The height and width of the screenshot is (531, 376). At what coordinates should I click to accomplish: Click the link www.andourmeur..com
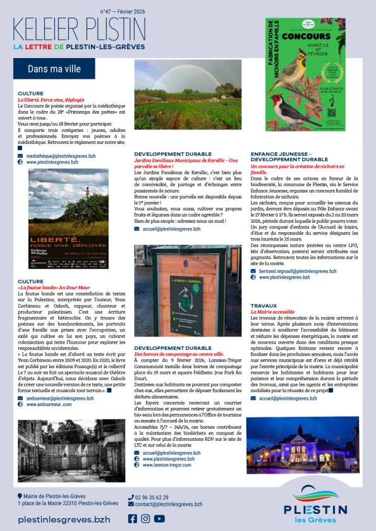point(49,404)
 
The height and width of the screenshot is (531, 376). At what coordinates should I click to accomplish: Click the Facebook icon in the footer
point(132,519)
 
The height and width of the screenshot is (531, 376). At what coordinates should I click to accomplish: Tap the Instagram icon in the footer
point(145,519)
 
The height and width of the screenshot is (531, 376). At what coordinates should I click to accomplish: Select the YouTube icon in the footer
point(159,519)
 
